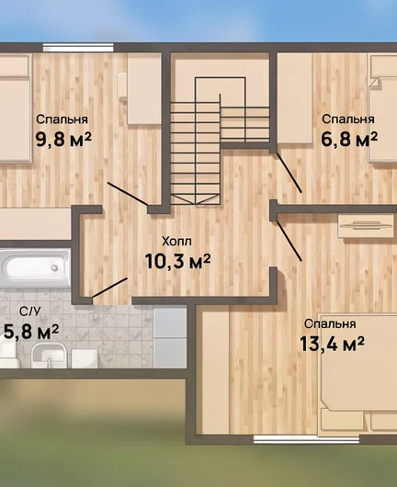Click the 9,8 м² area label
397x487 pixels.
[63, 139]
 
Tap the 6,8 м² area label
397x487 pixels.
[349, 139]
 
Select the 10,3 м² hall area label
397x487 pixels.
[177, 262]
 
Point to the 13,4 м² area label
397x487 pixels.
[332, 344]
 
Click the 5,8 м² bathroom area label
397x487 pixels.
[31, 332]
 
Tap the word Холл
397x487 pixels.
[176, 242]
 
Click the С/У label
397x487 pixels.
[29, 311]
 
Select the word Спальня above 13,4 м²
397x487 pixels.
[330, 324]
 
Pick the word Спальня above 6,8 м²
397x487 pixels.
[348, 119]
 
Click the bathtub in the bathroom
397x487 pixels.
[35, 267]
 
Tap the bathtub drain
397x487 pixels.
[54, 267]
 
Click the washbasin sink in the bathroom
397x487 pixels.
[49, 355]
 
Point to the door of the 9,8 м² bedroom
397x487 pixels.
[128, 194]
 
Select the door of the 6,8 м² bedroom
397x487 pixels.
[289, 173]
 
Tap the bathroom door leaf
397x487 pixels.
[109, 288]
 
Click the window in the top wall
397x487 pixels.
[78, 48]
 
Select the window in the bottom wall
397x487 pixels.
[306, 439]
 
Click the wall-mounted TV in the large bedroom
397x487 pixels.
[366, 226]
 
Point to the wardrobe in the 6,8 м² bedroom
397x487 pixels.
[294, 98]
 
